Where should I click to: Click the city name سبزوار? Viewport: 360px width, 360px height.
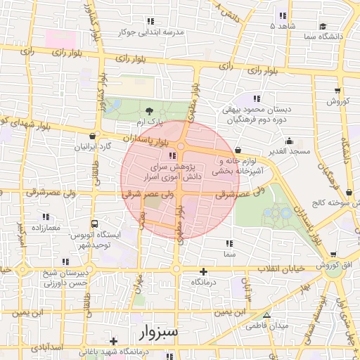[x=159, y=330]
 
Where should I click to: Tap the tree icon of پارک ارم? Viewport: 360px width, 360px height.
[x=148, y=110]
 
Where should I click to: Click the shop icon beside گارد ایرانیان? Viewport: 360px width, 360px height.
[x=93, y=136]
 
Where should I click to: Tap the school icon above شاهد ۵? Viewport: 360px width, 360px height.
[x=283, y=15]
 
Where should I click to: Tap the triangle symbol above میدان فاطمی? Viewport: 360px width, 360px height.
[x=266, y=315]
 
